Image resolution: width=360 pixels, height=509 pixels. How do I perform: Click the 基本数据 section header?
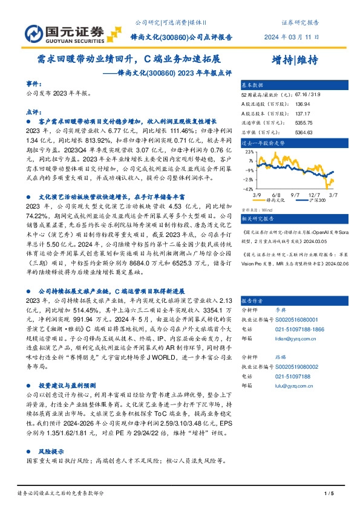253,85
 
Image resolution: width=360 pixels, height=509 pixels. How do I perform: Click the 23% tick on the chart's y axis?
249,153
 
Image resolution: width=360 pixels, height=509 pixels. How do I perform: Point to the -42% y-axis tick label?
248,189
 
